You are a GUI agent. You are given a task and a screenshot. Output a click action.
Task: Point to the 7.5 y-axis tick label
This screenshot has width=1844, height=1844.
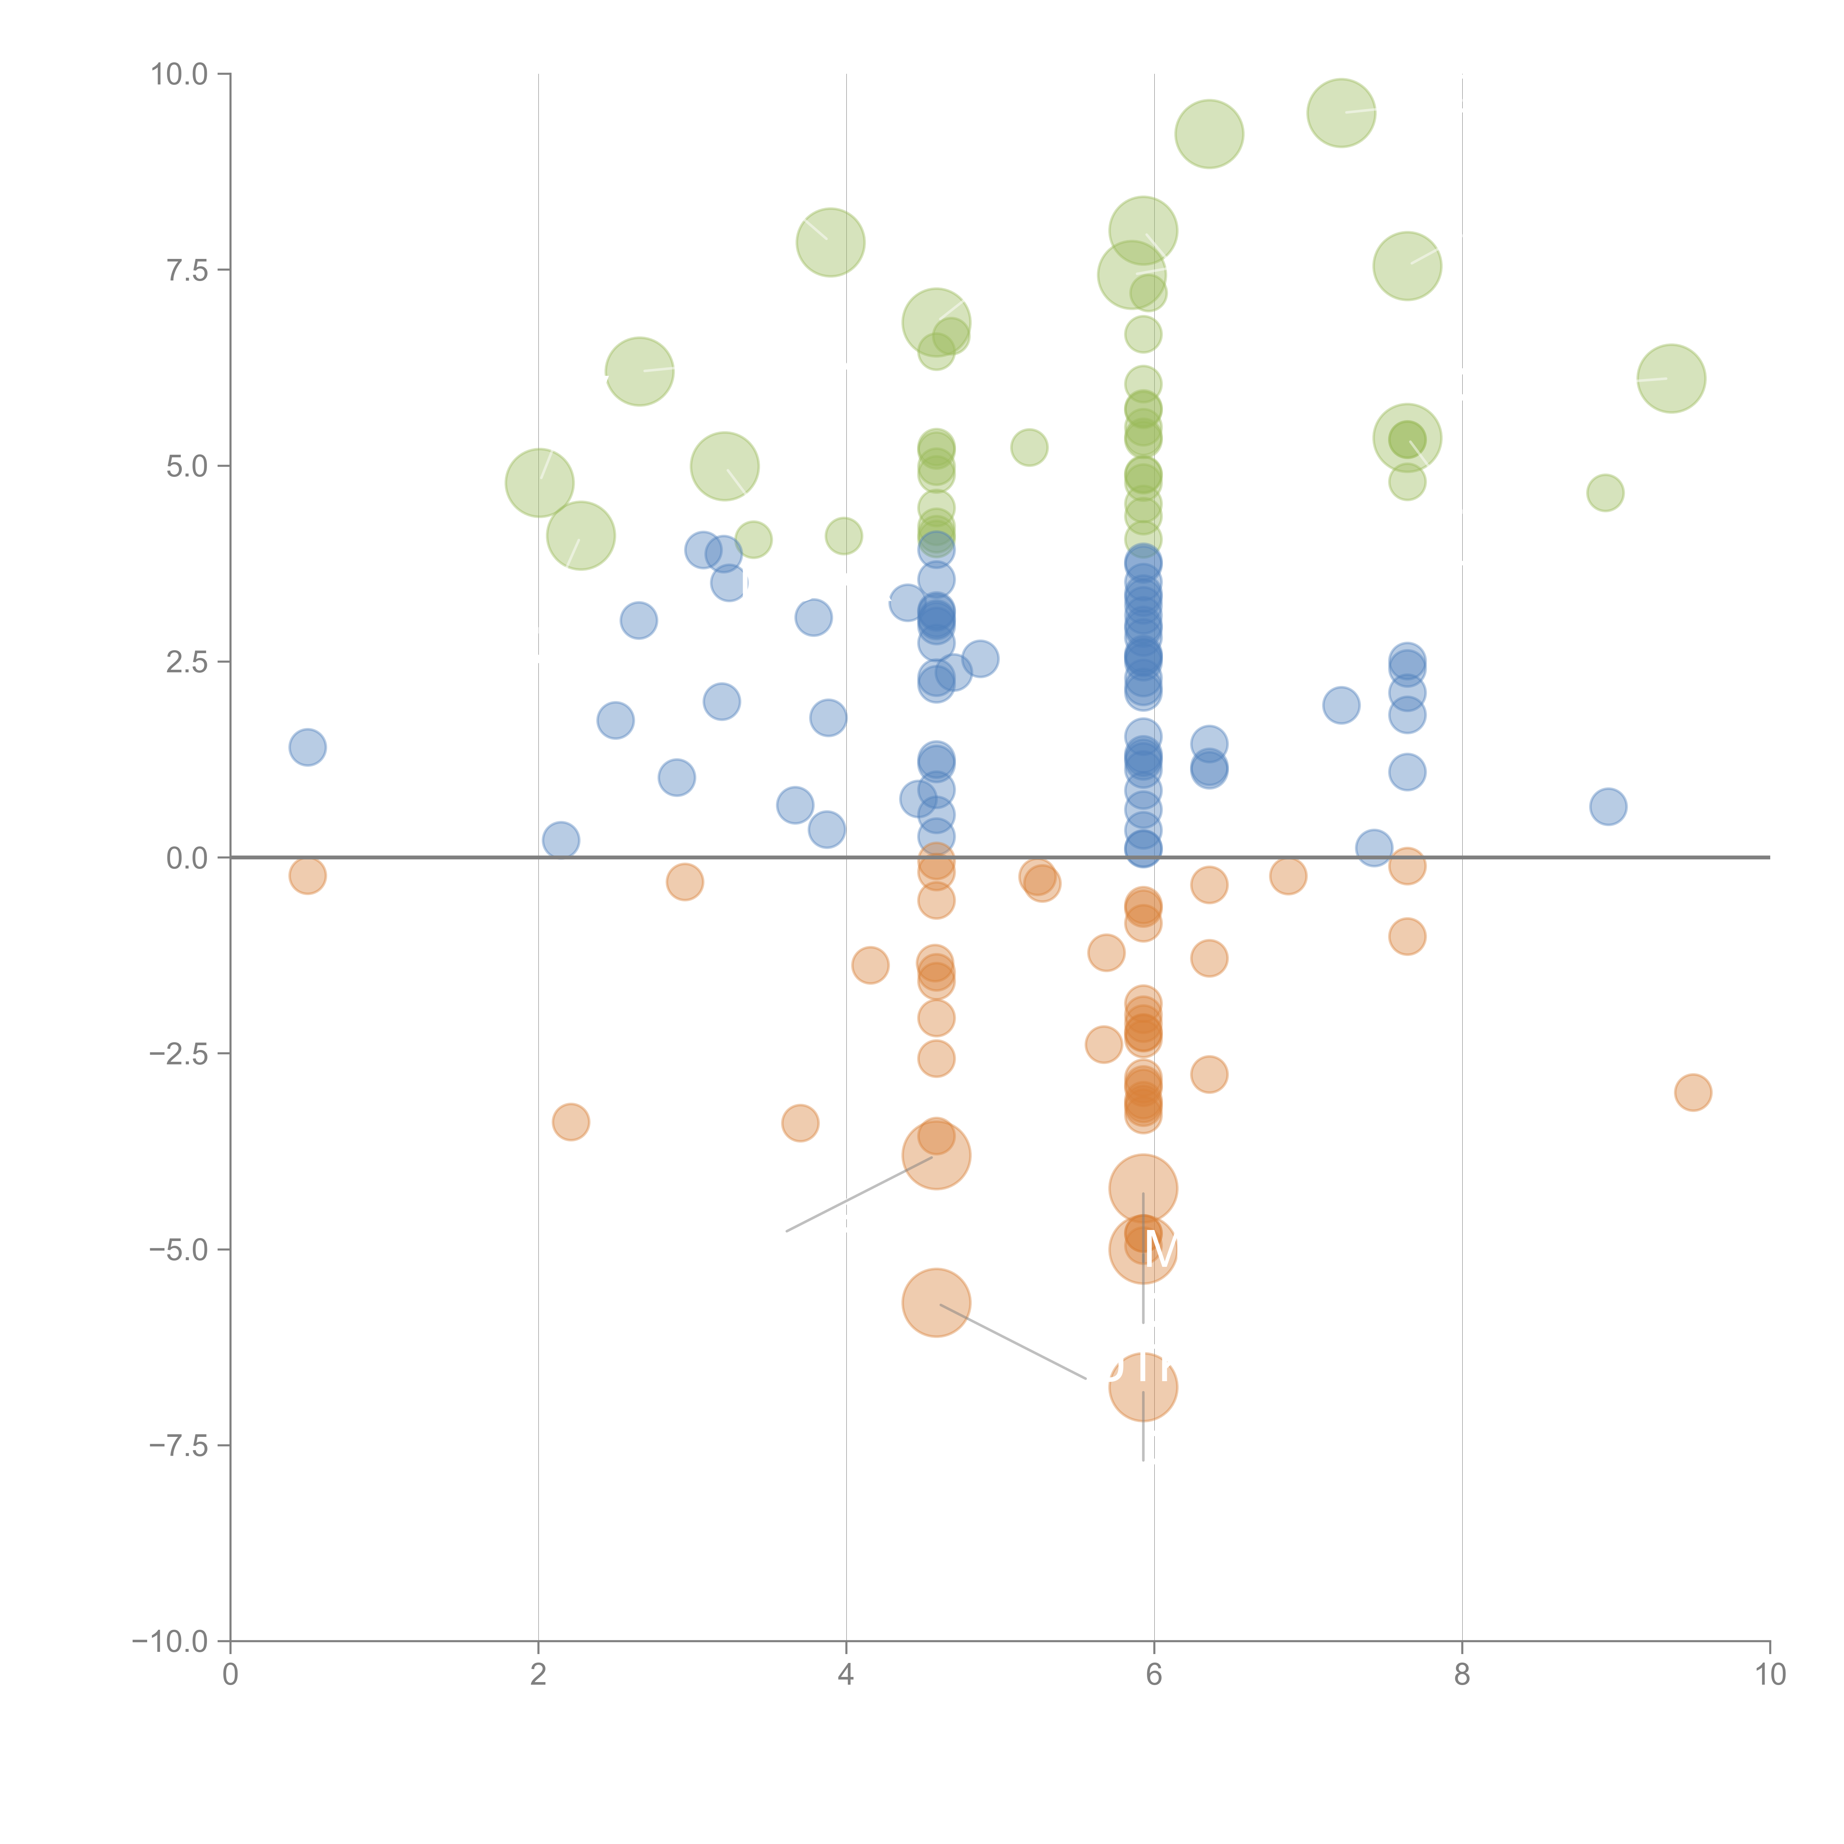tap(186, 270)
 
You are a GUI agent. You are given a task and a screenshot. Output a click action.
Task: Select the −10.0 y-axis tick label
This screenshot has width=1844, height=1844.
tap(170, 1642)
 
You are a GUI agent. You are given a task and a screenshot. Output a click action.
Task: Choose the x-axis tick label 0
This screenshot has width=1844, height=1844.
tap(230, 1674)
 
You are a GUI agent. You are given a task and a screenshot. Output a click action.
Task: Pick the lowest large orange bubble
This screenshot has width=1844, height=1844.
tap(1143, 1387)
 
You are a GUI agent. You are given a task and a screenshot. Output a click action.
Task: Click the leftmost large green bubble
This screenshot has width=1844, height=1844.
tap(539, 483)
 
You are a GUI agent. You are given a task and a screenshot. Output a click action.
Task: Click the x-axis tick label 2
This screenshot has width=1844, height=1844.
tap(538, 1674)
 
